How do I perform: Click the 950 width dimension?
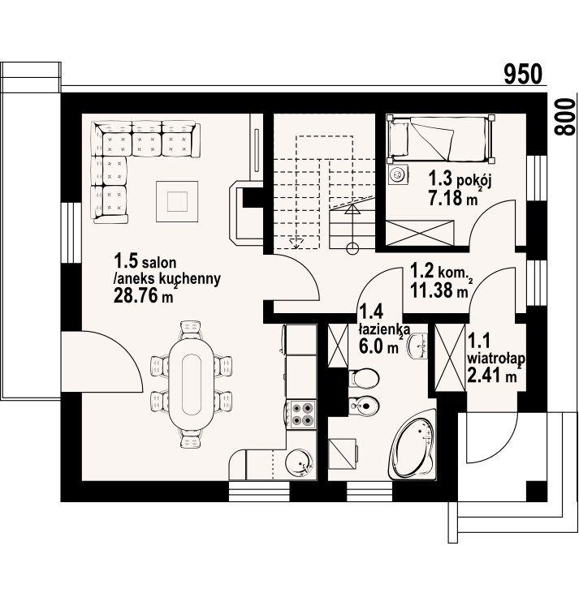(523, 74)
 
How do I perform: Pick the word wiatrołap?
(496, 359)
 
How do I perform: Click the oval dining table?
(191, 384)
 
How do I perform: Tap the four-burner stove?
(302, 414)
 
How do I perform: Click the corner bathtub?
(413, 445)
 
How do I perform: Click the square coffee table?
(177, 201)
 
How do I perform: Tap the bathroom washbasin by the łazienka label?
(418, 346)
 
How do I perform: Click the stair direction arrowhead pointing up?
(352, 210)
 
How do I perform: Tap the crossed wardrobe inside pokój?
(420, 233)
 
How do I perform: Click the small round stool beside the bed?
(397, 174)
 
